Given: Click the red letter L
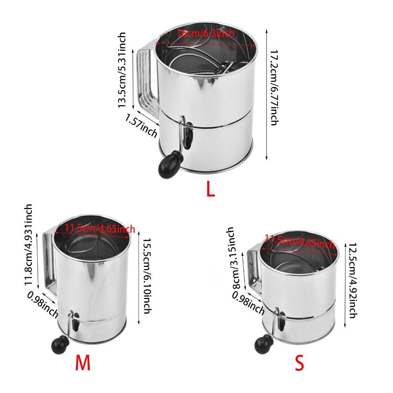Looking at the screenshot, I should click(211, 189).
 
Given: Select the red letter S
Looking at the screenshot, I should click(299, 364).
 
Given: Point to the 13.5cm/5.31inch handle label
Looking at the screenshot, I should click(122, 70).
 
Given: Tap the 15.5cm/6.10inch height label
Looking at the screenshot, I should click(145, 276).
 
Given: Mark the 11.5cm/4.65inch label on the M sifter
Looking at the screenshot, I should click(100, 228).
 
